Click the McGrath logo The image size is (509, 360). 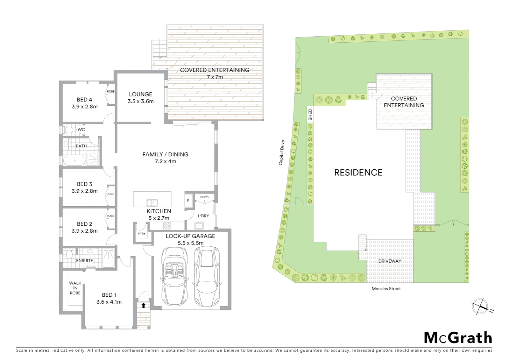click(x=458, y=338)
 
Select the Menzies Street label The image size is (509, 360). click(x=386, y=289)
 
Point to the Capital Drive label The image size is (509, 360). click(x=282, y=152)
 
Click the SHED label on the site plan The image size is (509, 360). click(x=310, y=115)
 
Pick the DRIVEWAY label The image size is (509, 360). click(x=389, y=261)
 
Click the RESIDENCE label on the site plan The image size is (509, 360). click(x=358, y=172)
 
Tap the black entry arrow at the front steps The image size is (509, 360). click(x=143, y=305)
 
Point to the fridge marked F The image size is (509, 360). click(x=188, y=201)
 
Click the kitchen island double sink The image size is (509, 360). click(x=152, y=203)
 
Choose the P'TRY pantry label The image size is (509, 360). click(x=142, y=234)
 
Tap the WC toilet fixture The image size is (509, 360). click(x=68, y=130)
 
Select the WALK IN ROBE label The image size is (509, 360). click(x=75, y=288)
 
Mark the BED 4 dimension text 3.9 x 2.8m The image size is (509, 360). click(x=85, y=107)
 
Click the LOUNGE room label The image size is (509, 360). click(x=141, y=94)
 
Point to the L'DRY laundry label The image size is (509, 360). click(x=203, y=216)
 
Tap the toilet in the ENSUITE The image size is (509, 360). click(x=69, y=255)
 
